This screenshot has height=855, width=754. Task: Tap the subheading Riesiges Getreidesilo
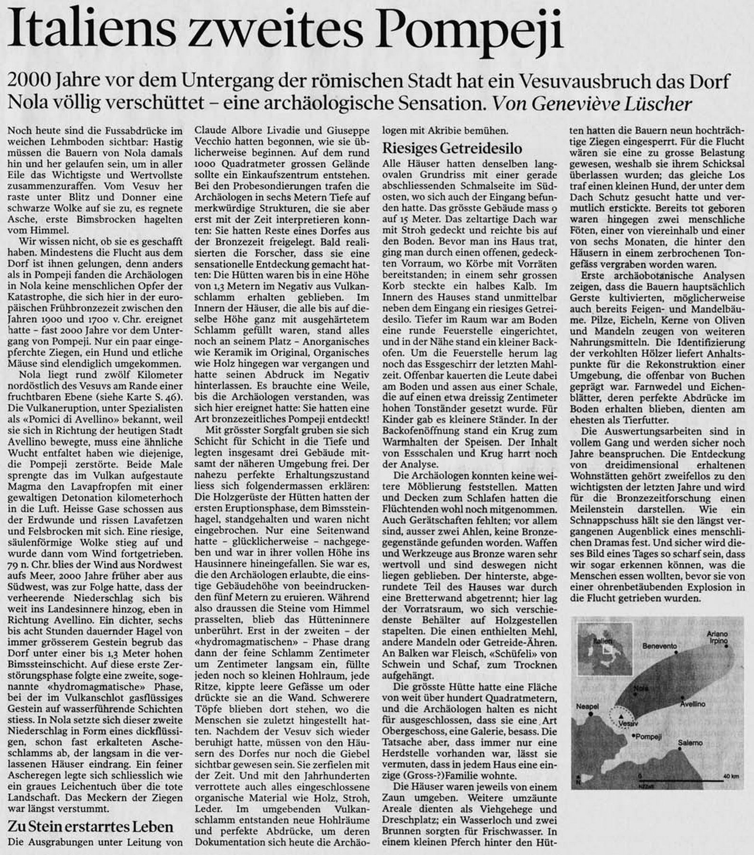click(452, 149)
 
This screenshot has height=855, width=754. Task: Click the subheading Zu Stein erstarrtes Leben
click(90, 826)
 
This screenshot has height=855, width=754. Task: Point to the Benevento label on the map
click(659, 646)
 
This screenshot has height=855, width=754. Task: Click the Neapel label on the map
click(586, 706)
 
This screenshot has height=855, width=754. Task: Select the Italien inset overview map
click(603, 647)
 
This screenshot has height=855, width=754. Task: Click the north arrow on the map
click(578, 779)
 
